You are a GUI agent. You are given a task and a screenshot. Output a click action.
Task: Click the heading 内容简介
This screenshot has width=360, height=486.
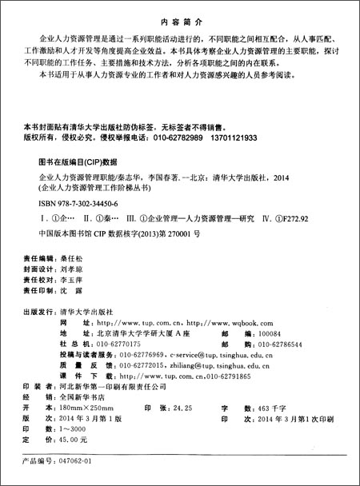click(x=180, y=14)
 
